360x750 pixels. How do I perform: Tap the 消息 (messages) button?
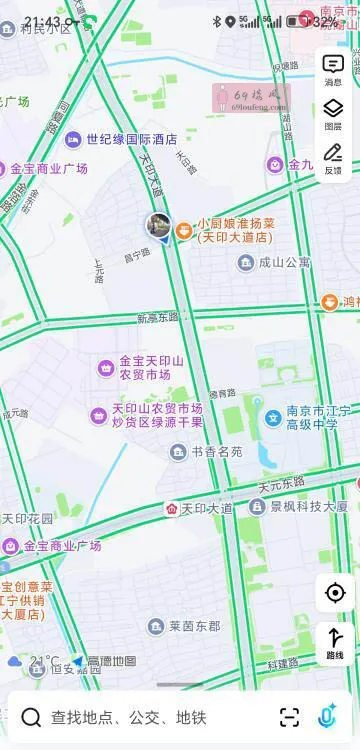click(333, 69)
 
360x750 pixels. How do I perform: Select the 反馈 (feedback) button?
click(333, 157)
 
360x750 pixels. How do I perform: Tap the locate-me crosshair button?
click(334, 593)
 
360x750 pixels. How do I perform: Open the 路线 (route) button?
click(334, 642)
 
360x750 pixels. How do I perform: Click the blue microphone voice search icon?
click(327, 716)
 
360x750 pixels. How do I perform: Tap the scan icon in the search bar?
click(289, 716)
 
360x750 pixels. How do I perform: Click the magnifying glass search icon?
click(31, 717)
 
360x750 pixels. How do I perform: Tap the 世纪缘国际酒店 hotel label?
click(130, 139)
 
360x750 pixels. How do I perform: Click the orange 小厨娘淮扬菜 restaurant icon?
click(184, 231)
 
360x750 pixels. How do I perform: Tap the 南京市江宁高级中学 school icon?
click(272, 417)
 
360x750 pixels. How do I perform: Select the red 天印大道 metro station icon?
click(172, 509)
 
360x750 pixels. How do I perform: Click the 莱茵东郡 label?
click(194, 627)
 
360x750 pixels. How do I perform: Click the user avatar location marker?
click(159, 225)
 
